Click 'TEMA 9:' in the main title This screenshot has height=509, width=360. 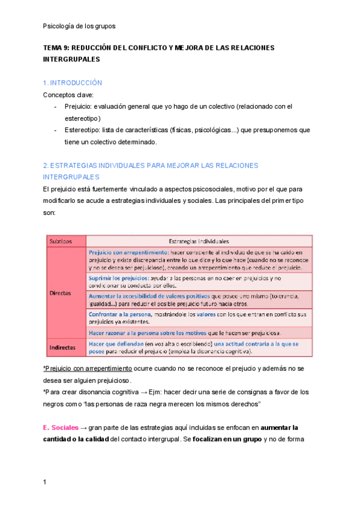pyautogui.click(x=56, y=48)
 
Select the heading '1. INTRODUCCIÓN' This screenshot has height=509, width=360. pyautogui.click(x=73, y=83)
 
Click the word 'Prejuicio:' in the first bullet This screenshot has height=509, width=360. pyautogui.click(x=77, y=107)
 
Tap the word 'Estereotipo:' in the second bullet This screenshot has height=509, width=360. pyautogui.click(x=83, y=130)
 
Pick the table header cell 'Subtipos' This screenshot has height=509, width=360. pyautogui.click(x=61, y=241)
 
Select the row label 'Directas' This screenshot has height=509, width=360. pyautogui.click(x=60, y=294)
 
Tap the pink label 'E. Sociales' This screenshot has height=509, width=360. pyautogui.click(x=61, y=428)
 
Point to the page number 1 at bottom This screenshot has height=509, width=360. pyautogui.click(x=45, y=482)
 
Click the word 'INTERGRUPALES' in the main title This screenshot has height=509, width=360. pyautogui.click(x=71, y=60)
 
